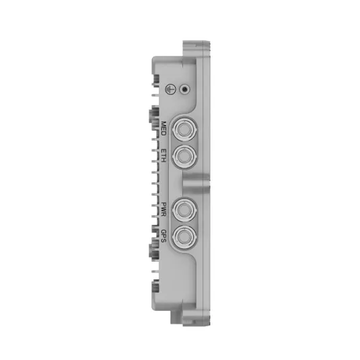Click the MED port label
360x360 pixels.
pyautogui.click(x=164, y=129)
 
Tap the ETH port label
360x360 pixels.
pyautogui.click(x=164, y=155)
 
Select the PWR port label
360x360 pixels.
pyautogui.click(x=164, y=209)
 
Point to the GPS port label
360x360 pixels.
pyautogui.click(x=164, y=236)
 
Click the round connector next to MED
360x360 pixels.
pyautogui.click(x=184, y=130)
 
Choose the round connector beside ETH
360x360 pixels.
pyautogui.click(x=184, y=156)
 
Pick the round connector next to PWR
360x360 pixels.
pyautogui.click(x=184, y=210)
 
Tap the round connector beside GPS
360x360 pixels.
pyautogui.click(x=184, y=236)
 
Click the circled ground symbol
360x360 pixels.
pyautogui.click(x=171, y=89)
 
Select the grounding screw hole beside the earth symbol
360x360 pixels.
pyautogui.click(x=184, y=89)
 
